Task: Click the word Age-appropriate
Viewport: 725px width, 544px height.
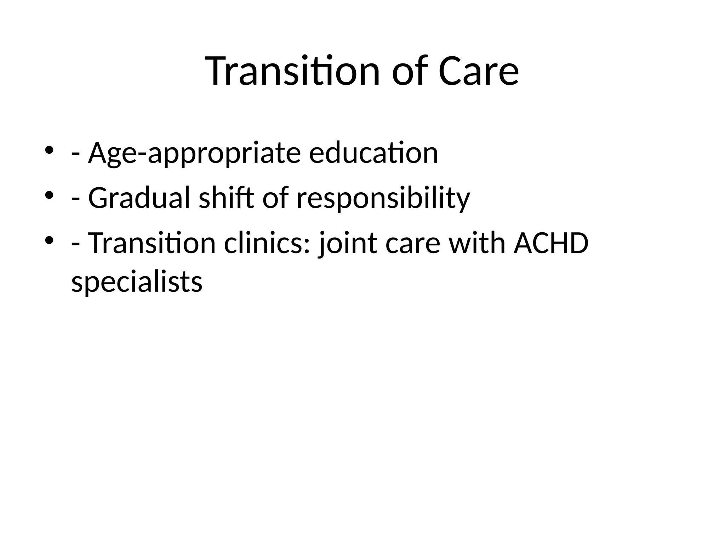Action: pos(194,153)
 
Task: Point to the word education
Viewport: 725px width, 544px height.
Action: pos(373,153)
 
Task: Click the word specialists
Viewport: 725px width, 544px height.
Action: pos(137,282)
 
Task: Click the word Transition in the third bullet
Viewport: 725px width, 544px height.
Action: pos(152,243)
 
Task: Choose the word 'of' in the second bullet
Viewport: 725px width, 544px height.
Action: pos(275,198)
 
